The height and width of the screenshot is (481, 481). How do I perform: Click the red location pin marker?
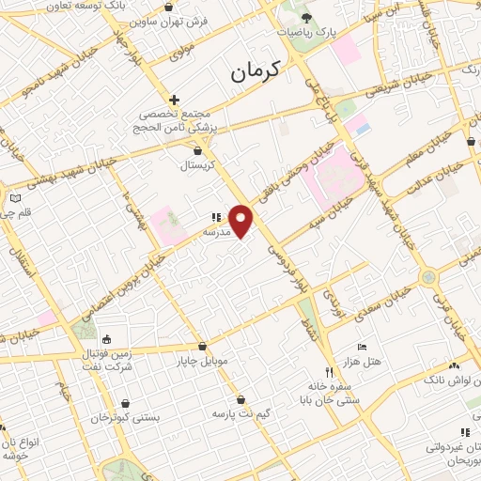pyautogui.click(x=241, y=220)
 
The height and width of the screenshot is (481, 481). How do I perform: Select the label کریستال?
pyautogui.click(x=197, y=164)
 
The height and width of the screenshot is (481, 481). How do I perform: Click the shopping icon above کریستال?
pyautogui.click(x=197, y=148)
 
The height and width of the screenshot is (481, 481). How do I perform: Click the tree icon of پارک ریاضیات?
pyautogui.click(x=307, y=18)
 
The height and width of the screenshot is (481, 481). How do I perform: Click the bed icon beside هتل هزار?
pyautogui.click(x=362, y=347)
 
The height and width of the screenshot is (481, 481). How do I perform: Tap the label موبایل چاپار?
pyautogui.click(x=202, y=360)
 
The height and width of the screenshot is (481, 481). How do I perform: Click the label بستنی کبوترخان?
pyautogui.click(x=127, y=414)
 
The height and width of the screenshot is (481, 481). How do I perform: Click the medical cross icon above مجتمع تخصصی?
pyautogui.click(x=174, y=99)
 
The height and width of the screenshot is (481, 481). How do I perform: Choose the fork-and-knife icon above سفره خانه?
pyautogui.click(x=329, y=371)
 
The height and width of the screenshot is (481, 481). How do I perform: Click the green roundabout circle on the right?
pyautogui.click(x=427, y=277)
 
